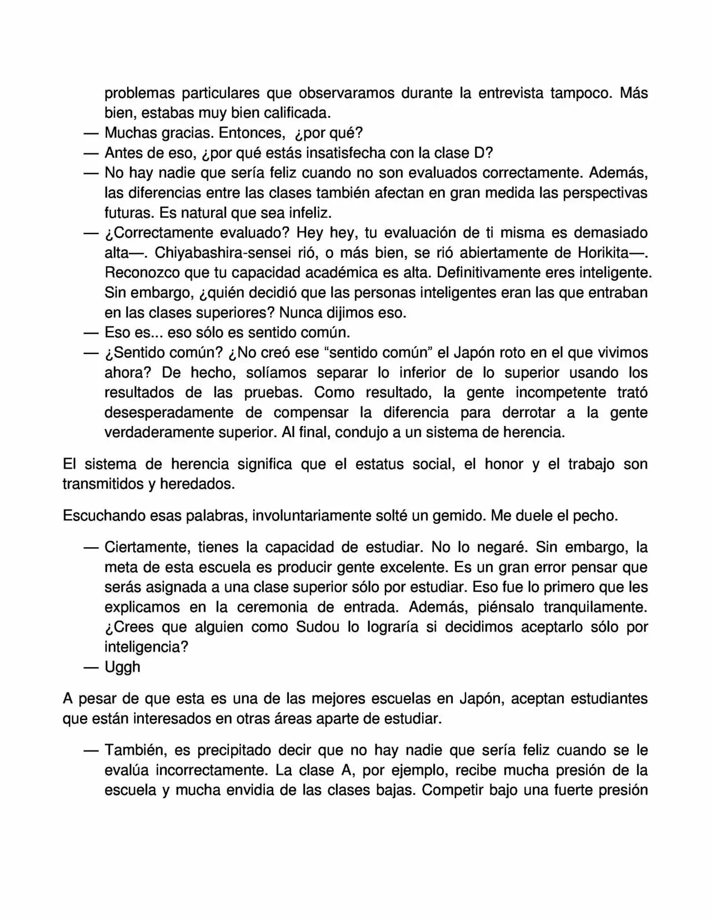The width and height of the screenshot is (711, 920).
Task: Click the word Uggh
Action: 122,667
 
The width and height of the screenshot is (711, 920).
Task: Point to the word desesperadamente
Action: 169,413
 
